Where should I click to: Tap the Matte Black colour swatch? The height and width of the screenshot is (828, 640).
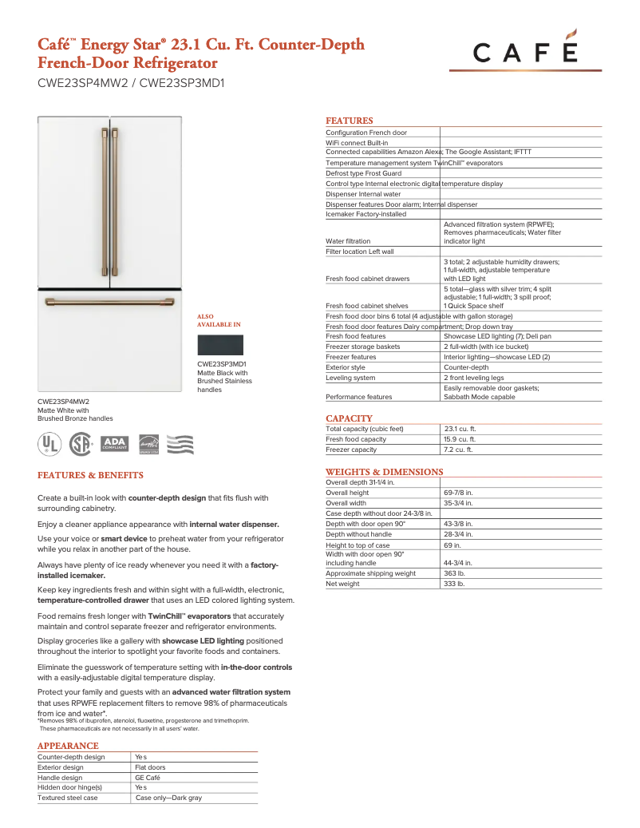(x=219, y=346)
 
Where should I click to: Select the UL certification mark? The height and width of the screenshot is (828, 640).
(x=50, y=444)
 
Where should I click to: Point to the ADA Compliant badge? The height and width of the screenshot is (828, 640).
(x=115, y=444)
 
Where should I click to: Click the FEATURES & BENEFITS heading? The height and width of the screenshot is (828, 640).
(x=90, y=476)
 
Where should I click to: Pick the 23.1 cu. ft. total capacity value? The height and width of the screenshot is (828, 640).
(x=460, y=429)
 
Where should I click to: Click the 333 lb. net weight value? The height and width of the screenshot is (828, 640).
(x=454, y=584)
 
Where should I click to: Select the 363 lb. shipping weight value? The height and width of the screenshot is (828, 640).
(x=454, y=573)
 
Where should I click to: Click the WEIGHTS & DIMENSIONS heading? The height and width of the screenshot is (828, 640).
(x=384, y=472)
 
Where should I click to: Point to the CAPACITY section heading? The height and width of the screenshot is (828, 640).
(x=349, y=418)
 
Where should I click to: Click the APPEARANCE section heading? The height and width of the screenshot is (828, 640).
(x=68, y=746)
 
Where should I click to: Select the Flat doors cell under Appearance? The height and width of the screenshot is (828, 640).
(x=150, y=767)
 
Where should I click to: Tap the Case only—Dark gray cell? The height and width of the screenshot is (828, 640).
(x=168, y=798)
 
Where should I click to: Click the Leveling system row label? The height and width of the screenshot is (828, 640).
(x=350, y=378)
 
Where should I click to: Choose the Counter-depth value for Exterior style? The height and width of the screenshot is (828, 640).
(x=466, y=367)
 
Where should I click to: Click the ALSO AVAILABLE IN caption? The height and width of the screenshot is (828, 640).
(x=218, y=321)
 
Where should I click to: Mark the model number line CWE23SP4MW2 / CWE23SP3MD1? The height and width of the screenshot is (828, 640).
(x=131, y=81)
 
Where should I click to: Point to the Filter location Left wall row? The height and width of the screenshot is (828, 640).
(x=360, y=252)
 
